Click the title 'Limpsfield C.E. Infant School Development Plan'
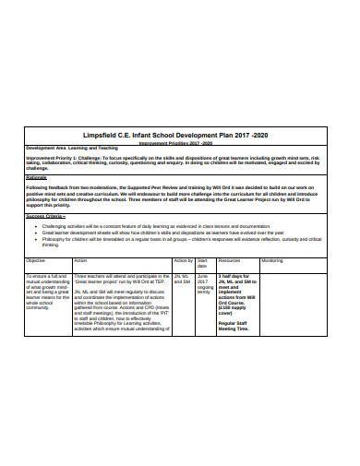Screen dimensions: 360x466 coord(180,134)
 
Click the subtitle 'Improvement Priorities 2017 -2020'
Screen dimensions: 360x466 coord(180,143)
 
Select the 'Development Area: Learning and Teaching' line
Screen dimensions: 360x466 coord(73,149)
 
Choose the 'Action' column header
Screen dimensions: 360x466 coord(80,261)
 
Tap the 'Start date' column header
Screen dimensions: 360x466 coord(203,264)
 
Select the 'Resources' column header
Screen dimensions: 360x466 coord(230,261)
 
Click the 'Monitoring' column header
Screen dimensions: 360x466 coord(273,261)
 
